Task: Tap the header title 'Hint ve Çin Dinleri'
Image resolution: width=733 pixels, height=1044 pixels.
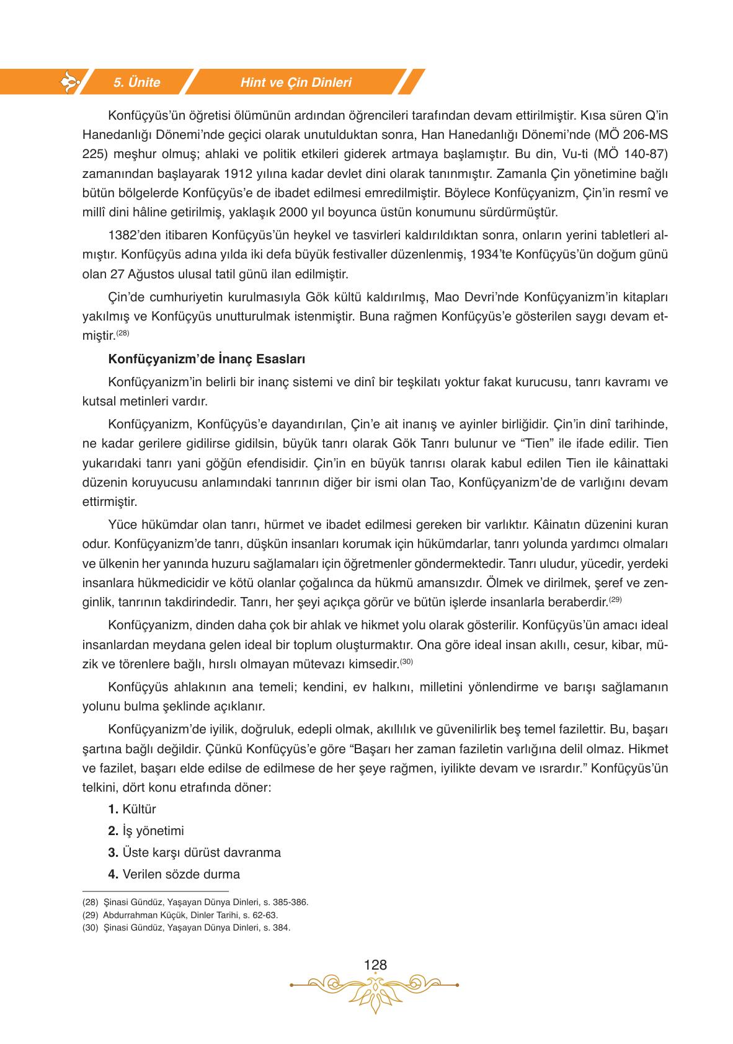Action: (x=296, y=82)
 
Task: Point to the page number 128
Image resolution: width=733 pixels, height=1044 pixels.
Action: (x=375, y=965)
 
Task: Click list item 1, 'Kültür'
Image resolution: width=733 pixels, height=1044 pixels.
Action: (x=132, y=809)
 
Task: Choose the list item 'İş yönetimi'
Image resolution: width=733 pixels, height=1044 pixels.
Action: (x=146, y=831)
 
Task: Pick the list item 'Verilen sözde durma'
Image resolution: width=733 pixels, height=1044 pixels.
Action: (x=174, y=874)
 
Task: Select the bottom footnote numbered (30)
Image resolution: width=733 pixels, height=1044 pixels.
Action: (x=186, y=927)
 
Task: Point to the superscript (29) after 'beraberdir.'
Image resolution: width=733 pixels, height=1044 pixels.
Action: (x=615, y=599)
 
